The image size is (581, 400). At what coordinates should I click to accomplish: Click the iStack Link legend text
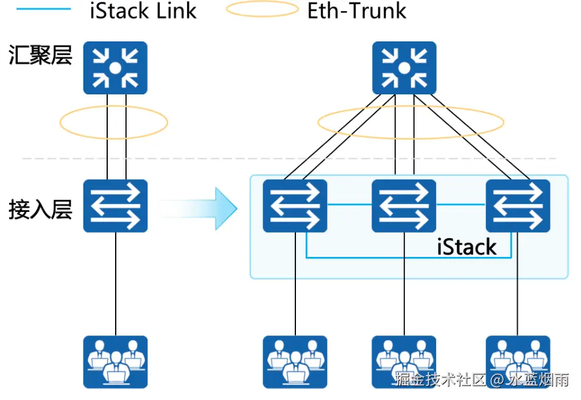[143, 10]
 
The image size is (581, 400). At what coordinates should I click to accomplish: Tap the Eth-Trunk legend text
[357, 10]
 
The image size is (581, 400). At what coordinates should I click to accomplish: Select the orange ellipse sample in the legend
[262, 10]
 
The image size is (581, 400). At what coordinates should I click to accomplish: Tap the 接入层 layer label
[40, 209]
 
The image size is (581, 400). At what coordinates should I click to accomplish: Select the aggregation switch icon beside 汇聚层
[115, 68]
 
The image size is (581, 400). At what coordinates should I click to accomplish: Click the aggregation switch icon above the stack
[404, 68]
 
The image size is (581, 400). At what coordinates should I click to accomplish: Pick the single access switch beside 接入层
[115, 206]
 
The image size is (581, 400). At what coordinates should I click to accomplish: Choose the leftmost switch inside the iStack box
[295, 206]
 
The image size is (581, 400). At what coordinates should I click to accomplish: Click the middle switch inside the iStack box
[404, 206]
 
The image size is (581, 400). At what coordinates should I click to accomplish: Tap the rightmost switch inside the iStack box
[518, 206]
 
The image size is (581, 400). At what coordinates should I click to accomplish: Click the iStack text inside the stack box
[467, 247]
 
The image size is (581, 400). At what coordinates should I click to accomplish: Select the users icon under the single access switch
[115, 362]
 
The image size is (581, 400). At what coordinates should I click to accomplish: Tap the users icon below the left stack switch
[295, 362]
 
